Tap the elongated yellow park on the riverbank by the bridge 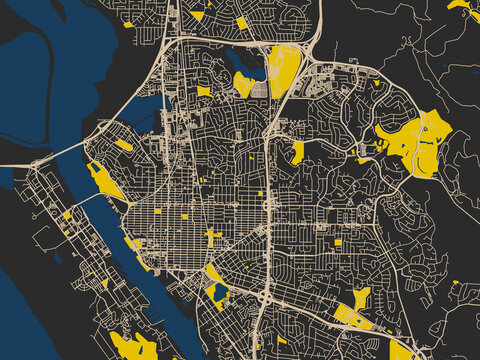point(105,181)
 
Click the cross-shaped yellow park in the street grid point(213,235)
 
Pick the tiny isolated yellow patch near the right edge point(455,282)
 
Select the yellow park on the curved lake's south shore point(243,84)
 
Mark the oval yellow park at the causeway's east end point(123,145)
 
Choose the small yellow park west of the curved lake point(204,91)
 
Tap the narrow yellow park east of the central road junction point(298,152)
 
